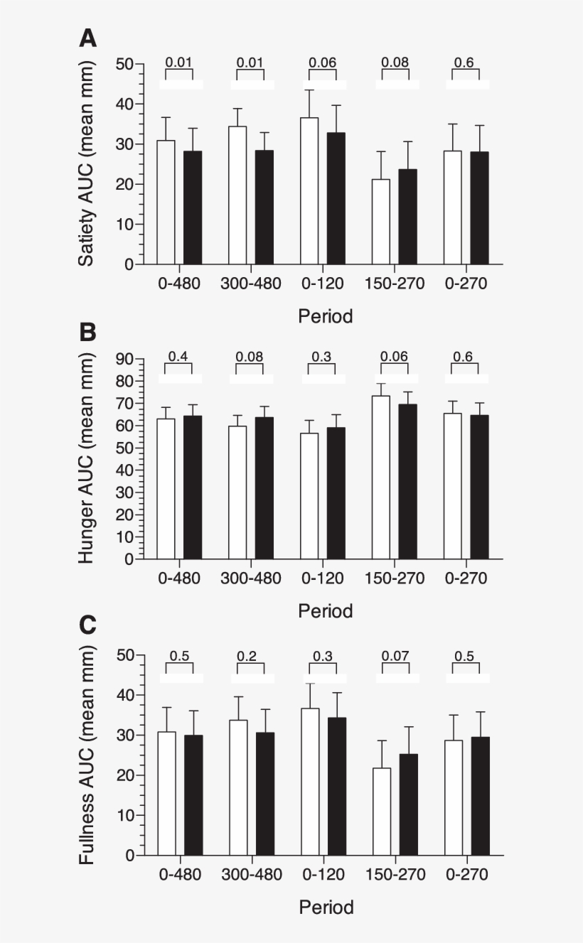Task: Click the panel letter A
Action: click(x=87, y=38)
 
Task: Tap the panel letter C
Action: click(x=87, y=626)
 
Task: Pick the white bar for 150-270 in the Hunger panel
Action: click(x=381, y=477)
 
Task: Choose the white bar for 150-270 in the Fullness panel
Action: click(x=382, y=811)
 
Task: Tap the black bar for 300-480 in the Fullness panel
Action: click(x=265, y=793)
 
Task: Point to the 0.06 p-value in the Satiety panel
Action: click(x=323, y=63)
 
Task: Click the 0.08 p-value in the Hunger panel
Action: click(x=250, y=357)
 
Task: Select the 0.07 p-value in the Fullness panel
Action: click(x=395, y=656)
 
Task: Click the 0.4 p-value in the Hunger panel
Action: click(x=178, y=357)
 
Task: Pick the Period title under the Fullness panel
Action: click(x=326, y=907)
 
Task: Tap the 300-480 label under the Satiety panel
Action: click(x=250, y=284)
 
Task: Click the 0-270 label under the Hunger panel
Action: click(x=466, y=578)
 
